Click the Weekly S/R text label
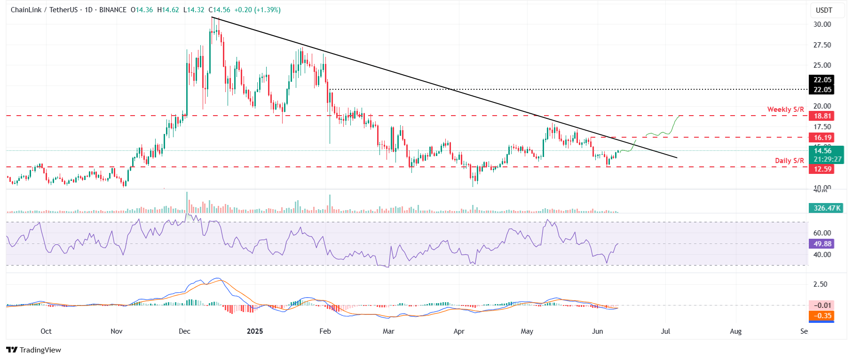[785, 110]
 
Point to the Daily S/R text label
[789, 161]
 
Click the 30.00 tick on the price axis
[822, 24]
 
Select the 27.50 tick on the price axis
[822, 45]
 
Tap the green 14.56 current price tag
[822, 151]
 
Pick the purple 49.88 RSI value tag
[822, 244]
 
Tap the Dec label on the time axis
[184, 331]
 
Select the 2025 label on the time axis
[255, 331]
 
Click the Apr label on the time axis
[459, 331]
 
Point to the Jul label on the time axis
[665, 331]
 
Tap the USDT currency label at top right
[824, 10]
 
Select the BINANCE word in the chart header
[113, 10]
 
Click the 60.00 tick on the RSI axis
[822, 233]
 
